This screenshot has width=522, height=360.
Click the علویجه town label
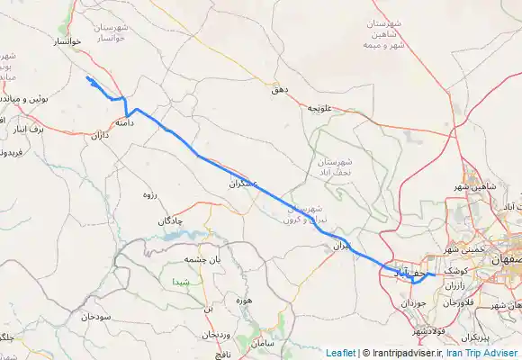[321, 108]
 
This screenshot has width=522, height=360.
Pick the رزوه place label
[150, 194]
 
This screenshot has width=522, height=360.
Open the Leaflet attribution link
[340, 353]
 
